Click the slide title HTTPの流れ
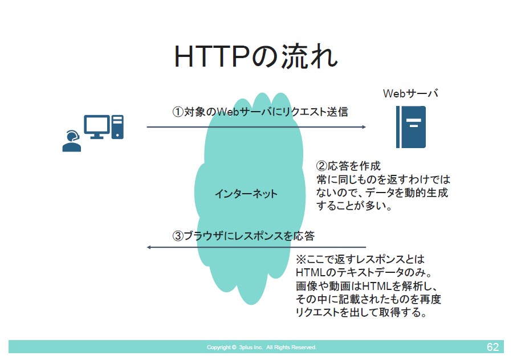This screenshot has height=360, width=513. point(256,56)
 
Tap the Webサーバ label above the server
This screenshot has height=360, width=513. point(410,93)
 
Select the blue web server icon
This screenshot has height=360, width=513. point(411,127)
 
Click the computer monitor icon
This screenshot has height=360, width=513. point(97,127)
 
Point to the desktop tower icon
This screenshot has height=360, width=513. point(117,127)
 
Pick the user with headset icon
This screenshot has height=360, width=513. point(72,141)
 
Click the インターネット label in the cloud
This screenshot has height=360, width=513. point(246,194)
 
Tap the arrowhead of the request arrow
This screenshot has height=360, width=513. point(364,127)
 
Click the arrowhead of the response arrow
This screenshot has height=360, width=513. point(149,247)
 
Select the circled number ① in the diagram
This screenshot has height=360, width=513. point(178,112)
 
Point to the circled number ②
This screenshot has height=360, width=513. point(322,166)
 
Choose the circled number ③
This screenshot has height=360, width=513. point(178,236)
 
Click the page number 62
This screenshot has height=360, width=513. point(492,347)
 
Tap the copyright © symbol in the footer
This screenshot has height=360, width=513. point(234,347)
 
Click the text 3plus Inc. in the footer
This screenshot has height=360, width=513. point(251,347)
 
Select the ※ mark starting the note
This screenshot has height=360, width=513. point(301,260)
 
